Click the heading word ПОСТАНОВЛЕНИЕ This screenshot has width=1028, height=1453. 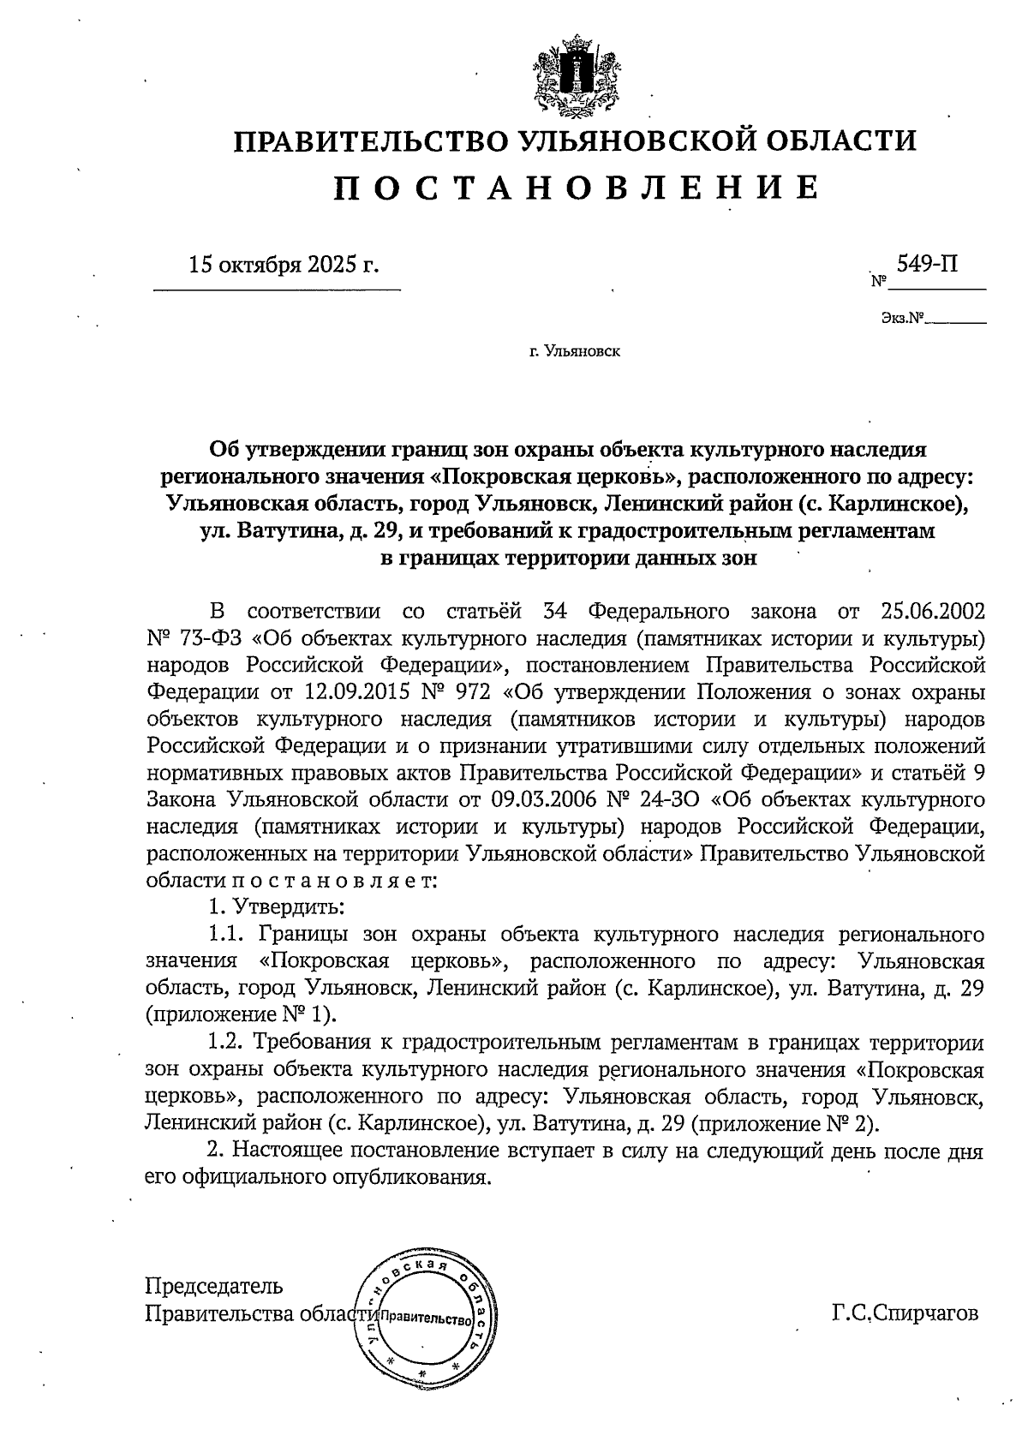pyautogui.click(x=575, y=187)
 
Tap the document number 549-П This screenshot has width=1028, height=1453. pyautogui.click(x=927, y=264)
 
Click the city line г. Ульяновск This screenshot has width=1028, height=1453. pyautogui.click(x=575, y=351)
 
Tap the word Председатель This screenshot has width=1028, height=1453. pyautogui.click(x=214, y=1286)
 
